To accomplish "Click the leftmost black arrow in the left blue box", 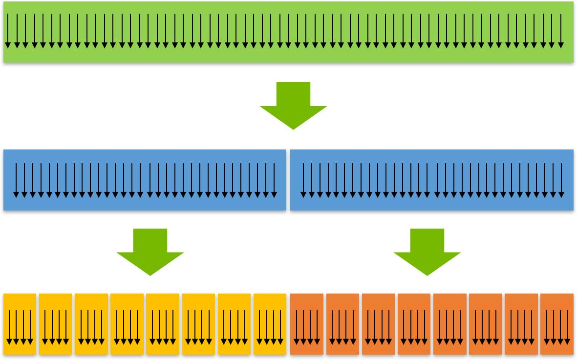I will (x=16, y=180).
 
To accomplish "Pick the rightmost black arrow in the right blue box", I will (x=561, y=180).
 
